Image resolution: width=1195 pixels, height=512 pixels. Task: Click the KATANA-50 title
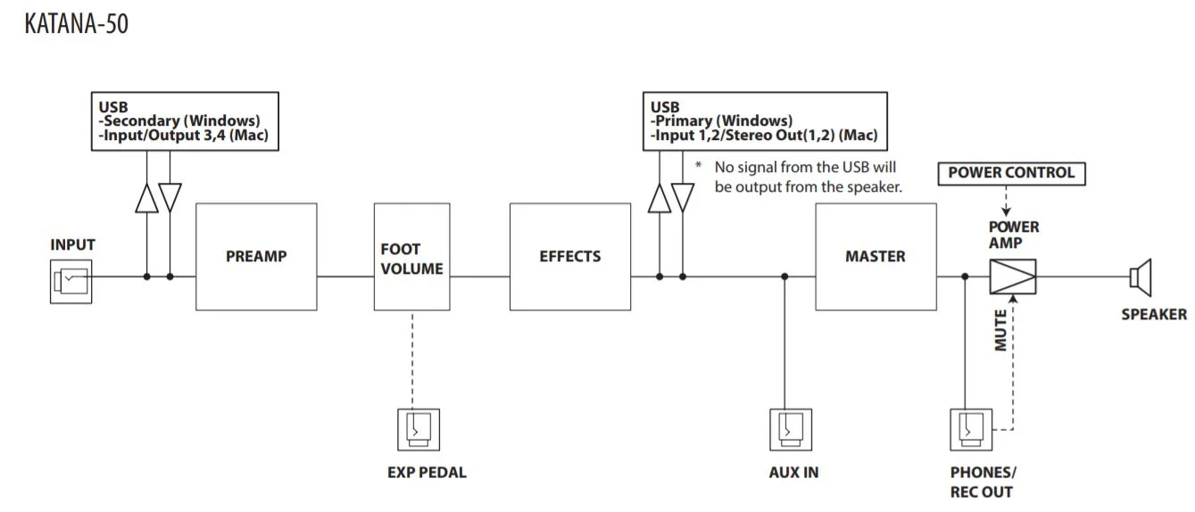(77, 23)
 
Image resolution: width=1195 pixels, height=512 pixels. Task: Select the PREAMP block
(256, 257)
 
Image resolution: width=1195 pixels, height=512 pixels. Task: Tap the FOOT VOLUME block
(412, 257)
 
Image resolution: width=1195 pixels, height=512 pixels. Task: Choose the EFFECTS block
(570, 257)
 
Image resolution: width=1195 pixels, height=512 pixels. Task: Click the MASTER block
(876, 257)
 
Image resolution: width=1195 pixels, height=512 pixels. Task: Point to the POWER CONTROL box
(1011, 172)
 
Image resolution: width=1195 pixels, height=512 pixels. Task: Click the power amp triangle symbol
(1012, 277)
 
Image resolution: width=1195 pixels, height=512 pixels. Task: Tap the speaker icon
(1141, 277)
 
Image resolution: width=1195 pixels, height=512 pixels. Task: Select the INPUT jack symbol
(71, 283)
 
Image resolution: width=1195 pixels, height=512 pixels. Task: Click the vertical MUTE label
(1000, 330)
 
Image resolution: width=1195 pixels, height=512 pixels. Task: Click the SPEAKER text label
(1154, 314)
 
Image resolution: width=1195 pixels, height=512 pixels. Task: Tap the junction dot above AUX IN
(784, 277)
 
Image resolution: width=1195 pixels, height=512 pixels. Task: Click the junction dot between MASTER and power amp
(965, 277)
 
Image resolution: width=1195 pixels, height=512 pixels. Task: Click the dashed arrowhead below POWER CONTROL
(1007, 211)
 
